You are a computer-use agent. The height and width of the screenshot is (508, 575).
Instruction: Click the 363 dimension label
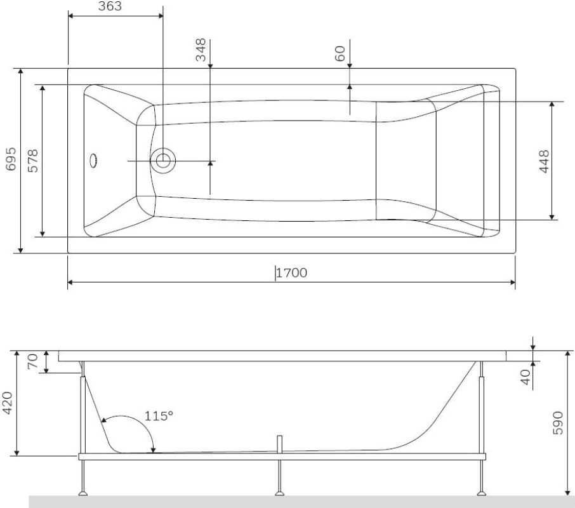[110, 6]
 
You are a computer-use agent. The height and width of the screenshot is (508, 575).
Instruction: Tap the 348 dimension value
[201, 50]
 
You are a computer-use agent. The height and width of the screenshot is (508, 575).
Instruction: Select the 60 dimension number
[340, 53]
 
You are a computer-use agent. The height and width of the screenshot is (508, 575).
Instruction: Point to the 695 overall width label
[11, 159]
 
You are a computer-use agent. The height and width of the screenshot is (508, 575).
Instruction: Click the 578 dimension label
[33, 161]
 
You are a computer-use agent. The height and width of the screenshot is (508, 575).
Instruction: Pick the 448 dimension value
[544, 161]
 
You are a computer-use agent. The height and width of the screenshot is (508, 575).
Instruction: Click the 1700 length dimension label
[291, 273]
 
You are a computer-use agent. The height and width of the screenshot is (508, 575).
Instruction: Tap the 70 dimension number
[32, 361]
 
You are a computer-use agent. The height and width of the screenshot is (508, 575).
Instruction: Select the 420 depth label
[8, 403]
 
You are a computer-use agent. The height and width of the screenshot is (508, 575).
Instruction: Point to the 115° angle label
[159, 416]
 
